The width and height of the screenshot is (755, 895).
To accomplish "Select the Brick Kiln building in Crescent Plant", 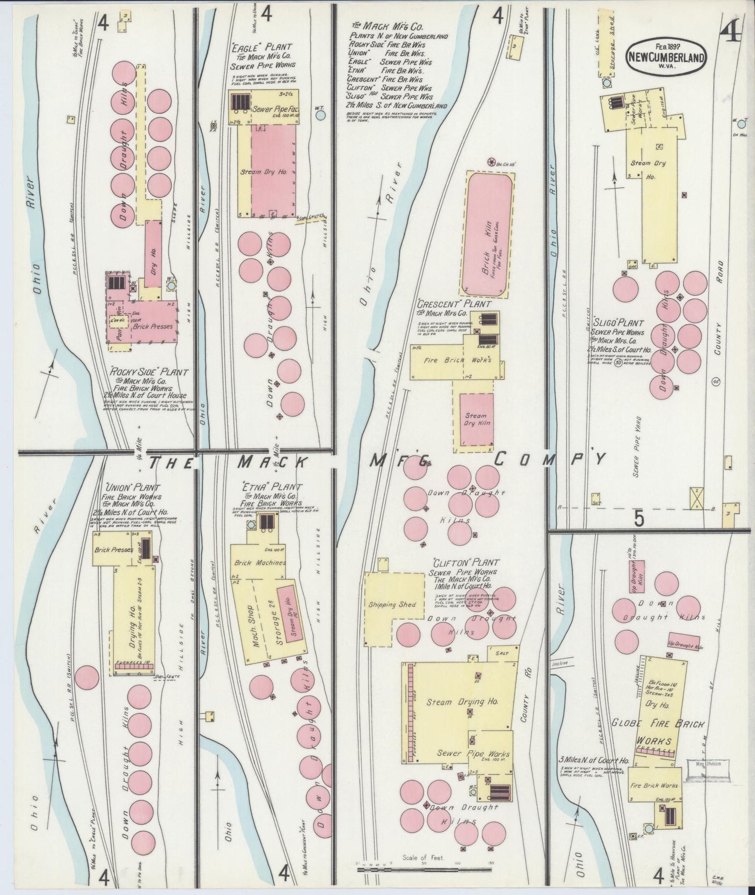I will [489, 233].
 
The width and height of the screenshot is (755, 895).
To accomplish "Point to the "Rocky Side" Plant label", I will [149, 373].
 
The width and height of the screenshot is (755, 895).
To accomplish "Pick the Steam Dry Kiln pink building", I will [476, 419].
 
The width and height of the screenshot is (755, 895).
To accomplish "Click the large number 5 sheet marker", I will [638, 519].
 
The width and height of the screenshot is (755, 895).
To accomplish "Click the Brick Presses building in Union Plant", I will [114, 550].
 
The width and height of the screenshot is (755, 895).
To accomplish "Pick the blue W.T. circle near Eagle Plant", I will [320, 115].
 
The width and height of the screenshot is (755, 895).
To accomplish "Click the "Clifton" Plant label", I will [465, 562].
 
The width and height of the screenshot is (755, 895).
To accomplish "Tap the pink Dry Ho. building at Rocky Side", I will [153, 254].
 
